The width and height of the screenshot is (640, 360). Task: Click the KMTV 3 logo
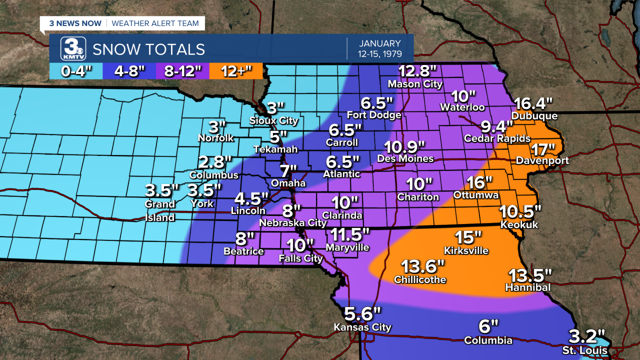coord(73,49)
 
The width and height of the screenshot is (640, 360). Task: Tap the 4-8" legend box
coord(129,71)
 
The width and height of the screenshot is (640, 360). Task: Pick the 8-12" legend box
coord(182,71)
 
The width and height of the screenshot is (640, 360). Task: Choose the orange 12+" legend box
coord(236,71)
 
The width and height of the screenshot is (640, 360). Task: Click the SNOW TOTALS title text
coord(148,49)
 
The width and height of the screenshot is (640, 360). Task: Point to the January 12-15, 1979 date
coord(379,48)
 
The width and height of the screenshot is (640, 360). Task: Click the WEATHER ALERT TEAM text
coord(155,23)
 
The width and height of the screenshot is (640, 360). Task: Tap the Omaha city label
coord(288,183)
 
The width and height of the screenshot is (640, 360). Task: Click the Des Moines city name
coord(405,158)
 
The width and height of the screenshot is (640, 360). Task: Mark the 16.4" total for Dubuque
coord(534,104)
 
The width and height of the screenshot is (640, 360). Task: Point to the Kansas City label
coord(362,327)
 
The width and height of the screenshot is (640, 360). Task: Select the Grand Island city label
coord(160,210)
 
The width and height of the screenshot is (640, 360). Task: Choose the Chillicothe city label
coord(420,279)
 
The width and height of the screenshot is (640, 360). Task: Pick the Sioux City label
coord(274,120)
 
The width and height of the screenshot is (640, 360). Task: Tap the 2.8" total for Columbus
coord(215,162)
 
